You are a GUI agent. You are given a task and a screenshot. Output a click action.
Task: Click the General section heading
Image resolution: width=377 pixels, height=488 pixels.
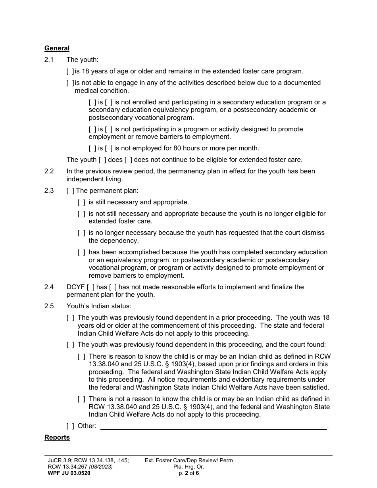coord(57,48)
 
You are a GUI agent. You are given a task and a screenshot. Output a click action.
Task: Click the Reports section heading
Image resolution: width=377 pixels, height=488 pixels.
coord(57,437)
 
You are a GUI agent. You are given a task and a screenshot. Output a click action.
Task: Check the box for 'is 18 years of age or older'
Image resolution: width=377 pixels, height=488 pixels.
coord(70,71)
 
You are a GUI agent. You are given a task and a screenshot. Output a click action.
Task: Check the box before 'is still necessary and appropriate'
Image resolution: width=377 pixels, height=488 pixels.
coord(81,202)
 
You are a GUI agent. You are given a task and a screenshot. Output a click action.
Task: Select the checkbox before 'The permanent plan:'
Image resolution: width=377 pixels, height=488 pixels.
coord(70,190)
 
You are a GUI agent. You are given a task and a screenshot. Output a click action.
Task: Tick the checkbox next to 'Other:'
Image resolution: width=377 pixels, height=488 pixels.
coord(70,426)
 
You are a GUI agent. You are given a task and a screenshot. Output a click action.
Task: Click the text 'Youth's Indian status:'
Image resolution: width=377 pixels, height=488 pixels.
coord(98,306)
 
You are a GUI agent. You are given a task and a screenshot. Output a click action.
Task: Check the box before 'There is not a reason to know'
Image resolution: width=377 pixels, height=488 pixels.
coord(81,399)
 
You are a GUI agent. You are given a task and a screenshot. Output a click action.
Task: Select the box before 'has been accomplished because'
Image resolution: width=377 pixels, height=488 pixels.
coord(81,252)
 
